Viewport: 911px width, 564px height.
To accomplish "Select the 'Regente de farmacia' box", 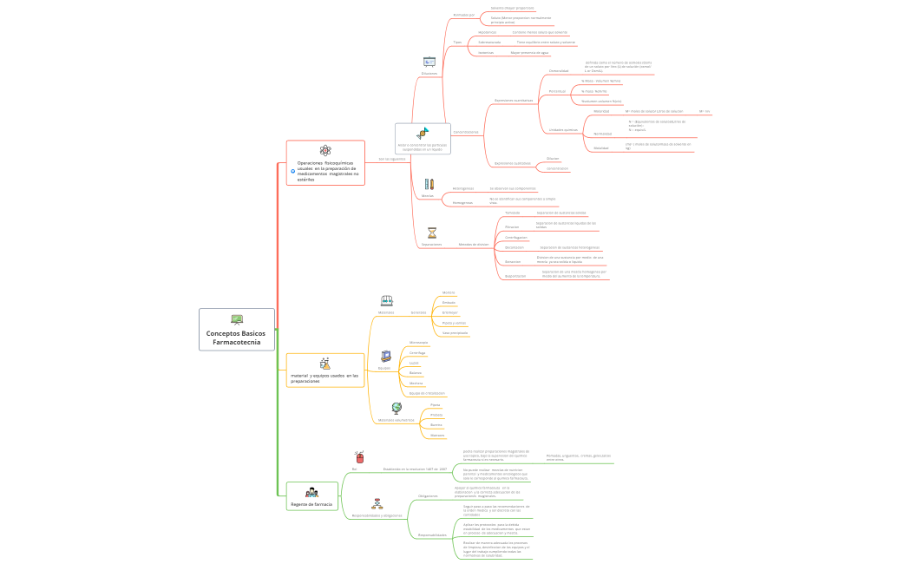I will coord(311,503).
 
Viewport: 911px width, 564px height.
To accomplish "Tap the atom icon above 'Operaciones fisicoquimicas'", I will coord(325,150).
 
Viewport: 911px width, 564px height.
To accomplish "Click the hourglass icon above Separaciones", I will coord(432,233).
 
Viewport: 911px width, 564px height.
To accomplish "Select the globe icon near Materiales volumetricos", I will coord(397,407).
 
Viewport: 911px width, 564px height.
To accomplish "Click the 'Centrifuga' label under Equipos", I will coord(417,353).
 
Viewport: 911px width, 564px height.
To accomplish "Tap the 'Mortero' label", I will coord(449,292).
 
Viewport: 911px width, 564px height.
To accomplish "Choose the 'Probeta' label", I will coord(436,415).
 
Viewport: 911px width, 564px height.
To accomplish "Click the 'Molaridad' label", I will coord(601,111).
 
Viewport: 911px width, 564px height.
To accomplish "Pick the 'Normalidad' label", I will coord(602,134).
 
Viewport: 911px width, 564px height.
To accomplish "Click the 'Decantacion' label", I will coord(514,247).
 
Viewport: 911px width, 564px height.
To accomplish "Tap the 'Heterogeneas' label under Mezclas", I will coord(463,188).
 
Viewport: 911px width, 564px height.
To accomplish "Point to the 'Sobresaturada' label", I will coord(489,42).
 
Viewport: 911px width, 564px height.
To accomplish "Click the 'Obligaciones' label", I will coord(428,495).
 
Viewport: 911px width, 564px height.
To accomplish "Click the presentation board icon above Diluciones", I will coord(429,61).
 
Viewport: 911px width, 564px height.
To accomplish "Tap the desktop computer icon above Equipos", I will coord(386,355).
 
